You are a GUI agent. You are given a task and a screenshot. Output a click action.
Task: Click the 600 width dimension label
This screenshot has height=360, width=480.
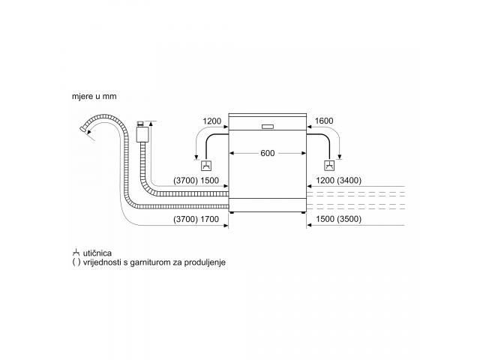point(267,153)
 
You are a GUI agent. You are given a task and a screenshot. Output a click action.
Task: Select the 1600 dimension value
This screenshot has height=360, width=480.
point(324,121)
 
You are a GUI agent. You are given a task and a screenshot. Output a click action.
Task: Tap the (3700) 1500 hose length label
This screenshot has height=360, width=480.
point(196,181)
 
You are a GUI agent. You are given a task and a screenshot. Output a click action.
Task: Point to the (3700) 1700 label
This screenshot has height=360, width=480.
point(196,219)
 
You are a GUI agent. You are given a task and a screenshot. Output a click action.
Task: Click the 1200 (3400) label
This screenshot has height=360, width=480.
point(338,181)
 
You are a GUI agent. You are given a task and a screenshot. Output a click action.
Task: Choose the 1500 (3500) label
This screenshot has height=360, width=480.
point(338,219)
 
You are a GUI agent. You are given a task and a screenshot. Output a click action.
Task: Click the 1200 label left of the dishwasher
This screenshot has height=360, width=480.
point(211,121)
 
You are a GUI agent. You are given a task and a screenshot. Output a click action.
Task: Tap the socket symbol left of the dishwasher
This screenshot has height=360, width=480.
point(206,166)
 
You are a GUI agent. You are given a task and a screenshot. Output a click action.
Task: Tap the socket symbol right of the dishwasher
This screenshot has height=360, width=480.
point(329,166)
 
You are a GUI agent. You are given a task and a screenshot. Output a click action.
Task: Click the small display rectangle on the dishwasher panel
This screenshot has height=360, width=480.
point(268,127)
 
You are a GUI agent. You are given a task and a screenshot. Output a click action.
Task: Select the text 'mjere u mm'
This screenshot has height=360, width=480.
point(94,97)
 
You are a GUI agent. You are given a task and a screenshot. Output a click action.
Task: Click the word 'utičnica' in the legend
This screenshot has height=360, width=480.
point(97,253)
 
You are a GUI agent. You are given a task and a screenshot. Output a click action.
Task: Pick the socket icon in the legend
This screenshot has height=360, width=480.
point(76,253)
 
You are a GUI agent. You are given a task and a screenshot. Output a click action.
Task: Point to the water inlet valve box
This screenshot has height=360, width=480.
point(142,134)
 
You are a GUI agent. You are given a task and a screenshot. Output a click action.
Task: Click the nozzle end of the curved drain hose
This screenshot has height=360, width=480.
point(82,129)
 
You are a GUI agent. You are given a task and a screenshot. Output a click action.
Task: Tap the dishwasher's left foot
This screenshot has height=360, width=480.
point(232,212)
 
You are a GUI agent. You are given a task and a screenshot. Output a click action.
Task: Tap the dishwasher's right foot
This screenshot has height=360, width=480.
point(303,212)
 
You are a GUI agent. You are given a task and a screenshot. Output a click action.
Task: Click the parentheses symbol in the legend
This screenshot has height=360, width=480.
point(76,262)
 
